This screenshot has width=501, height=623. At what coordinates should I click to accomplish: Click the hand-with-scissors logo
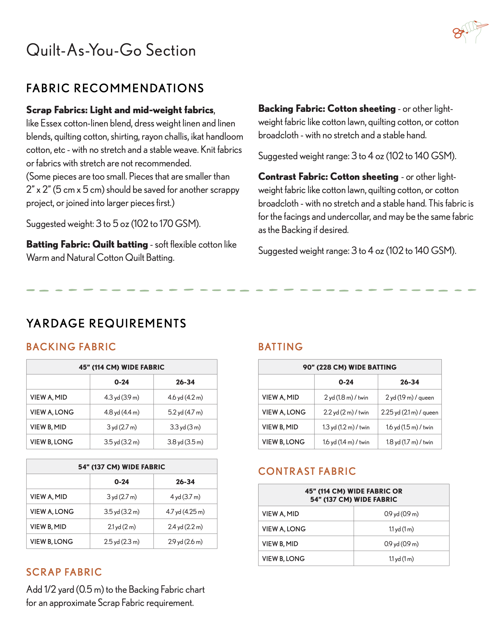point(470,32)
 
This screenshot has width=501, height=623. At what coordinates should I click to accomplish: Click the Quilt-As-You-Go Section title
point(111,50)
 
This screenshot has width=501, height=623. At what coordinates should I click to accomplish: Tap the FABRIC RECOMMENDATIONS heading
point(115,88)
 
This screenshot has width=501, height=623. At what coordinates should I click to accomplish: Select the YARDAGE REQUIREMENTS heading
point(106,323)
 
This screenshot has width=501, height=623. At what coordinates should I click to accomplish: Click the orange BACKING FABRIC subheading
point(71,347)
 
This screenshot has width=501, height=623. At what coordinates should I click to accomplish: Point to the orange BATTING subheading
point(281,347)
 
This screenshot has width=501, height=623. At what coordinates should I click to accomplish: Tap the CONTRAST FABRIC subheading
point(307,471)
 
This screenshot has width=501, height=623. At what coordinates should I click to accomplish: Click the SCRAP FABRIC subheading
point(64,572)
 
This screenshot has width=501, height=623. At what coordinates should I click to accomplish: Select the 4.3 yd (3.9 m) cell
point(122,397)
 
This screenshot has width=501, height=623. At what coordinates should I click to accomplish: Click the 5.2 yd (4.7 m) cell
point(185,412)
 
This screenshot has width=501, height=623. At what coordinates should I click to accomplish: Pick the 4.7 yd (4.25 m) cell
point(185,512)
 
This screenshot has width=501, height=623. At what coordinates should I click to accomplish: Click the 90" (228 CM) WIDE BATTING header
point(349,367)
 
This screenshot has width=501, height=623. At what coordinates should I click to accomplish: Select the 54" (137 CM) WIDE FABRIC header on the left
point(122,467)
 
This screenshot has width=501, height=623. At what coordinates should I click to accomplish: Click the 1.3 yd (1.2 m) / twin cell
point(346,427)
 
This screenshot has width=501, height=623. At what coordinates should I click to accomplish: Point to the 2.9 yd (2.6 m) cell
point(185,541)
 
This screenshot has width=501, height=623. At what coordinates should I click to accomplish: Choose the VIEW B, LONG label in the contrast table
point(283,559)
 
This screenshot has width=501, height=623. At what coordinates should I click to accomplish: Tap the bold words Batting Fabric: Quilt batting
point(87,245)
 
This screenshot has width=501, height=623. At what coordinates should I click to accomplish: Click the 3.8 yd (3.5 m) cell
point(185,442)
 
